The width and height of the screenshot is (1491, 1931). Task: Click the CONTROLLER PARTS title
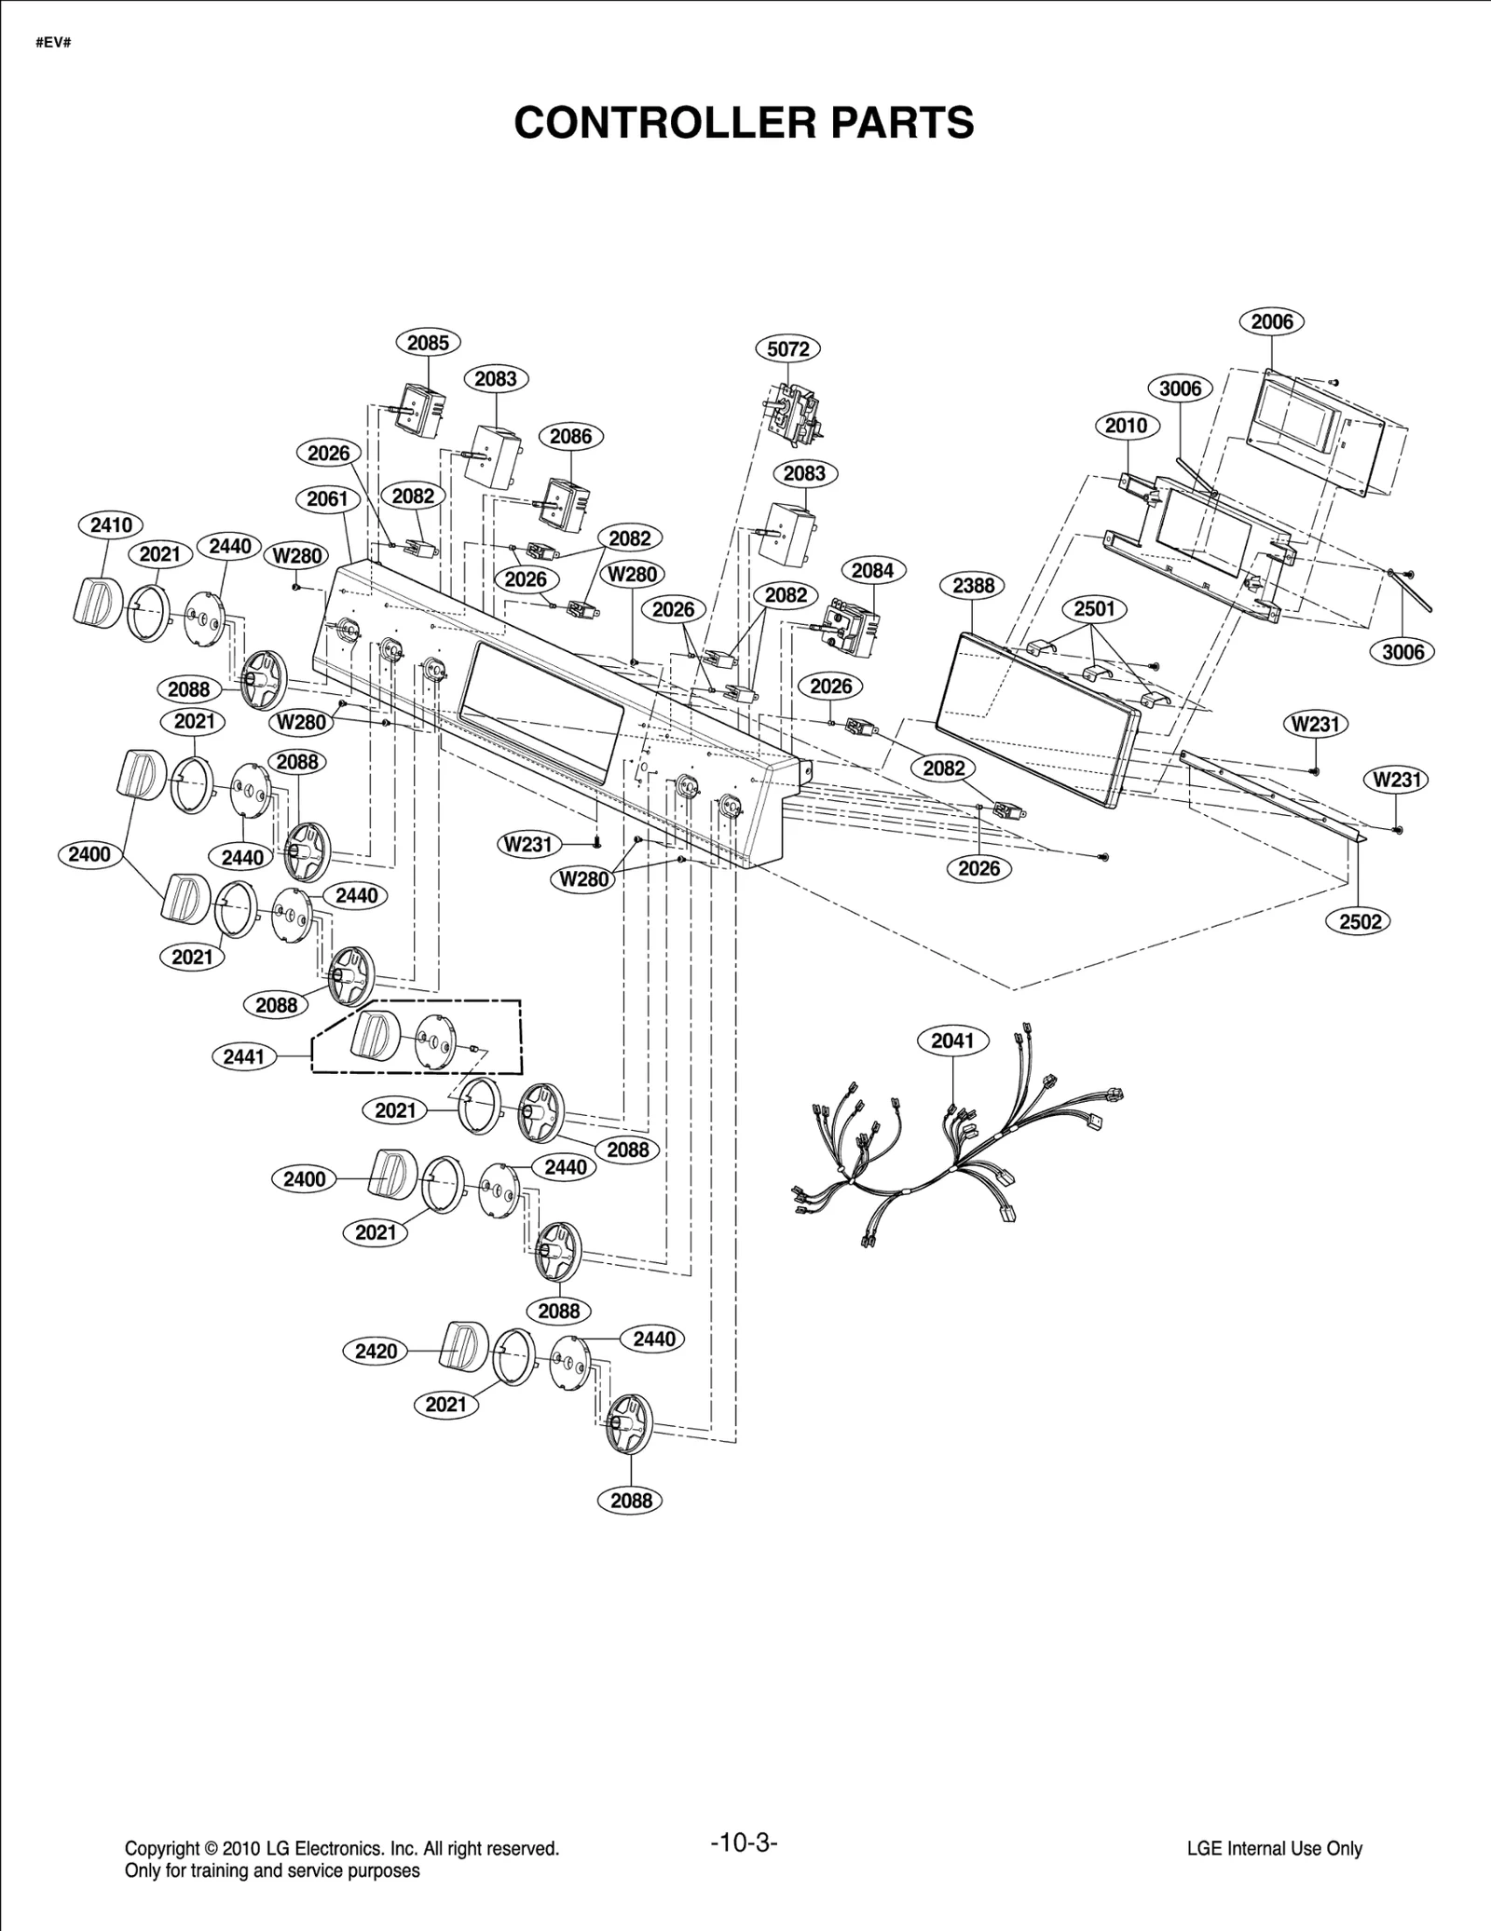pos(744,123)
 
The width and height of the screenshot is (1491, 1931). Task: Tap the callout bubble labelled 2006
pos(1271,321)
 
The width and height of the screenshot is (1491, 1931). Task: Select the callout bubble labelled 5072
pos(787,349)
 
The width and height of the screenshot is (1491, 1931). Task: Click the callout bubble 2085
pos(428,343)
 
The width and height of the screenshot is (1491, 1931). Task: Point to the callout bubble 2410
pos(111,525)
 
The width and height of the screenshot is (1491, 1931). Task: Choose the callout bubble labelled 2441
pos(244,1056)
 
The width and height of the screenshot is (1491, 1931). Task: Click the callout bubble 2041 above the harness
pos(952,1040)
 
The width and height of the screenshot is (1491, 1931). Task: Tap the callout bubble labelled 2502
pos(1360,921)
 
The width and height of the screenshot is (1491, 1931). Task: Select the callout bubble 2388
pos(973,586)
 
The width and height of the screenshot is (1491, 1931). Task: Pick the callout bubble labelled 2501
pos(1094,609)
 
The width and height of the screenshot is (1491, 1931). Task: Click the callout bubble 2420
pos(376,1351)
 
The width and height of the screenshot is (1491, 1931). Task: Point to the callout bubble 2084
pos(872,571)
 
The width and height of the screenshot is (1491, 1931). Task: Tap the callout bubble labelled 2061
pos(327,499)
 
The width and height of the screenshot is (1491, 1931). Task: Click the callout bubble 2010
pos(1126,426)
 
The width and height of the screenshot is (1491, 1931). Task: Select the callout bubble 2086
pos(570,436)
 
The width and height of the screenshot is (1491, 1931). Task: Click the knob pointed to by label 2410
pos(95,601)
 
